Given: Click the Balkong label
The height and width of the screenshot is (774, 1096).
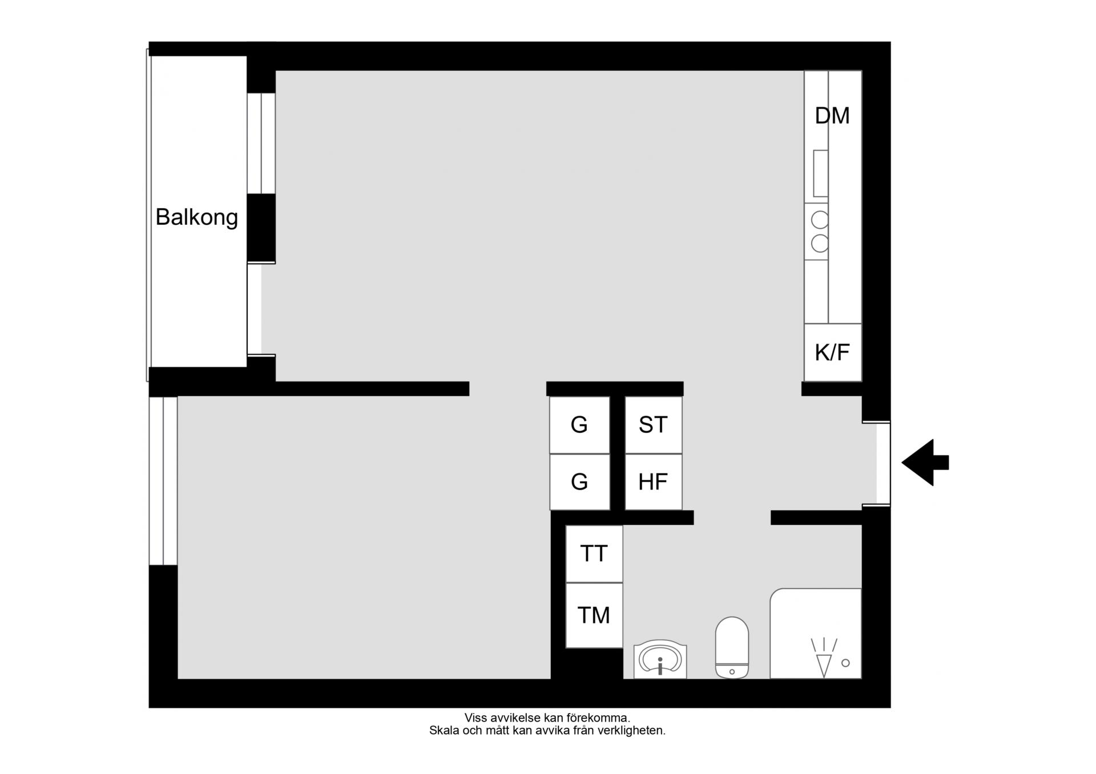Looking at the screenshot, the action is point(196,217).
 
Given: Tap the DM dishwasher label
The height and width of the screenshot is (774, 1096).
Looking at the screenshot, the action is point(832,116).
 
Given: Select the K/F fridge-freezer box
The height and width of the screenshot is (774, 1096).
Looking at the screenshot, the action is point(833,352).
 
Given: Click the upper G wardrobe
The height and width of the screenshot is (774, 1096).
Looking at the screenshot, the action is point(579,425).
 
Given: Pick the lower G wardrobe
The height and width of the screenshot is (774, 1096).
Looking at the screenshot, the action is point(579,482).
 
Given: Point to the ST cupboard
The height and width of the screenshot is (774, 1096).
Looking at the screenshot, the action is point(654,425).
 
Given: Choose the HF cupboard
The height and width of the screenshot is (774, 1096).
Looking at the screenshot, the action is point(654,482).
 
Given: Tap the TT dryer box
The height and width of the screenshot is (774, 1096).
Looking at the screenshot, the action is point(594,554).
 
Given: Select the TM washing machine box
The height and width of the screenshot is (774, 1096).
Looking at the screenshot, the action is point(594,615).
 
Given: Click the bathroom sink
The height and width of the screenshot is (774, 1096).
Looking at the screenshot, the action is point(660,660).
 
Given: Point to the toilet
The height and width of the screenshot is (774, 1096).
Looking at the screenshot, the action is point(732,647).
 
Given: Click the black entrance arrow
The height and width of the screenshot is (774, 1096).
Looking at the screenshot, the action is point(925,463).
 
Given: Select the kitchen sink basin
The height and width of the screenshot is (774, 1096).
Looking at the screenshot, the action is point(820,173).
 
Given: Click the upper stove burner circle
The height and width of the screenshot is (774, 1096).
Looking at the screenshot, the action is point(820,220).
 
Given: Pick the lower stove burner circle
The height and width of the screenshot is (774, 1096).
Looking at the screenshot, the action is point(820,244).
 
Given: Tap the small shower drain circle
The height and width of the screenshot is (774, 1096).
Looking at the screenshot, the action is point(846,663).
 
